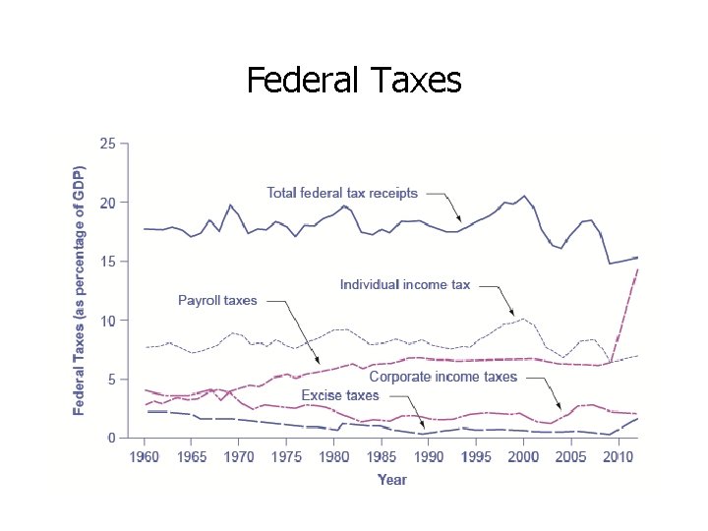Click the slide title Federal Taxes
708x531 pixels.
click(x=353, y=80)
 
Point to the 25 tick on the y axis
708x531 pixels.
click(x=107, y=144)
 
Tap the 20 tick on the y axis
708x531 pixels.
click(x=107, y=203)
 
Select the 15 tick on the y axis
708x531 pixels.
click(x=107, y=262)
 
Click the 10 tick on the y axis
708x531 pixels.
click(x=107, y=321)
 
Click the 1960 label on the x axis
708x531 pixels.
click(x=145, y=457)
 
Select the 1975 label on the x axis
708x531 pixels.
click(x=286, y=457)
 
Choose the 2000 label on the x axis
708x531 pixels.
click(x=523, y=457)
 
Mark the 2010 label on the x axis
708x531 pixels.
click(x=618, y=457)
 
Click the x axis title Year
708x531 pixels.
click(x=391, y=480)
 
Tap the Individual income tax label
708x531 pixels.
click(x=405, y=285)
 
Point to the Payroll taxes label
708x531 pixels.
click(x=217, y=300)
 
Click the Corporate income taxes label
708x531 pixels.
click(x=442, y=377)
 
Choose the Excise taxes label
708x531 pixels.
click(x=339, y=395)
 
